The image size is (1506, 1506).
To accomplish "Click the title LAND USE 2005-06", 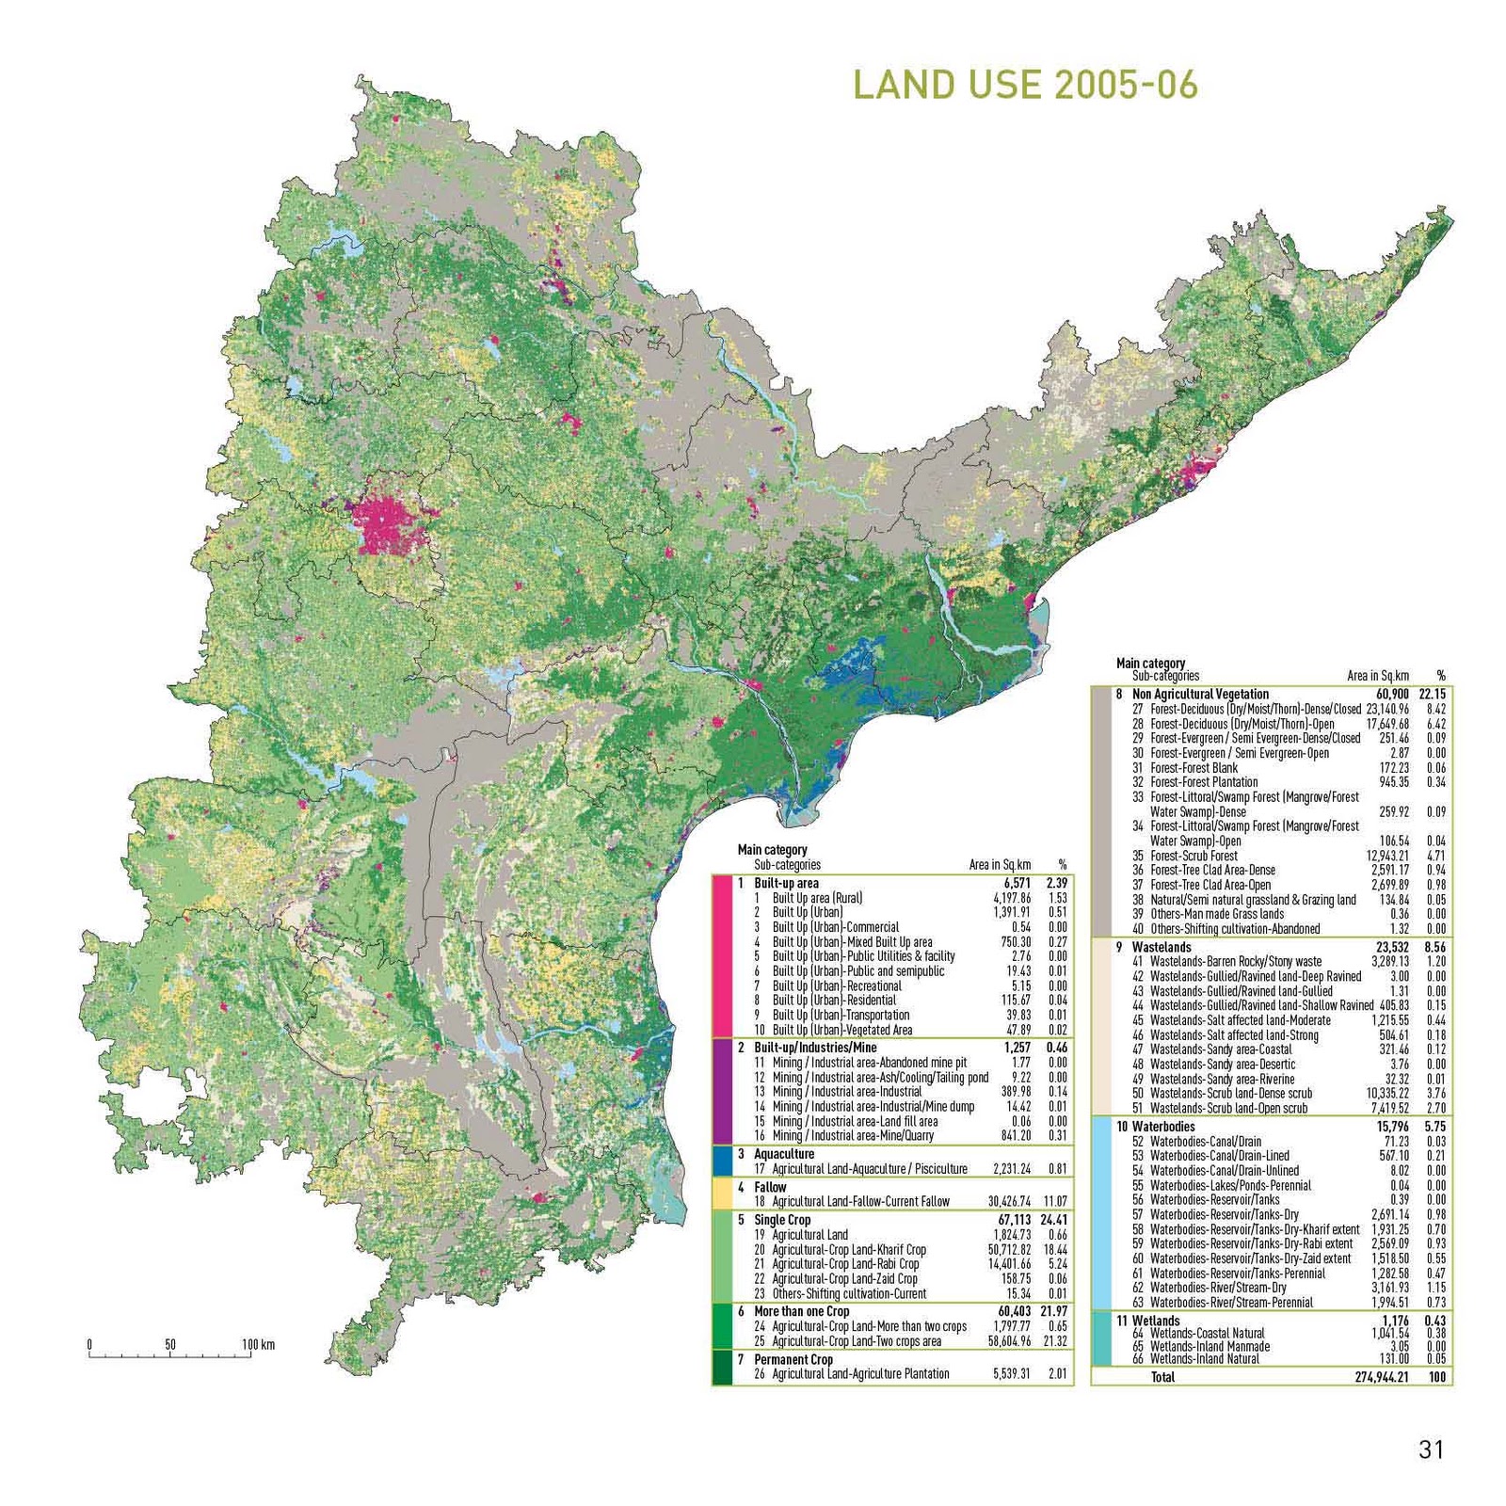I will pyautogui.click(x=1025, y=86).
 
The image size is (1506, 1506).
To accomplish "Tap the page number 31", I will pyautogui.click(x=1431, y=1450).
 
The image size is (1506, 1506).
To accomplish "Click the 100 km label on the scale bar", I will pyautogui.click(x=258, y=1344).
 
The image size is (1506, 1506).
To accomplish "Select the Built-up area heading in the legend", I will pyautogui.click(x=786, y=883).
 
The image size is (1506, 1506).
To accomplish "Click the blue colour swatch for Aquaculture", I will pyautogui.click(x=723, y=1161).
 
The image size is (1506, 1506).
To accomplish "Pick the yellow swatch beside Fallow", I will pyautogui.click(x=723, y=1194).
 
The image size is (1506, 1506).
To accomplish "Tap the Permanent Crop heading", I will pyautogui.click(x=793, y=1359).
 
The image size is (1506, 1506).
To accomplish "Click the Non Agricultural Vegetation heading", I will pyautogui.click(x=1200, y=694).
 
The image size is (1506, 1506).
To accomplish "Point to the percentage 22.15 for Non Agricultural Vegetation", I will pyautogui.click(x=1432, y=694).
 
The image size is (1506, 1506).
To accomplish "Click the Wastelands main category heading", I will pyautogui.click(x=1162, y=947).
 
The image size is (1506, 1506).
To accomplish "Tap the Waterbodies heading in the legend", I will pyautogui.click(x=1163, y=1127).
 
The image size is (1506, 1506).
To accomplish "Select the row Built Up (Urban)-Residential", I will pyautogui.click(x=834, y=1000).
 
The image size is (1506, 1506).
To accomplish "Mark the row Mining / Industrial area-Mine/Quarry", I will pyautogui.click(x=853, y=1135).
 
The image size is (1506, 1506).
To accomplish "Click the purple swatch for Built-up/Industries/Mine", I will pyautogui.click(x=723, y=1091).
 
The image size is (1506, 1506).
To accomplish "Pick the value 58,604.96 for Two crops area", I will pyautogui.click(x=1009, y=1340).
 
